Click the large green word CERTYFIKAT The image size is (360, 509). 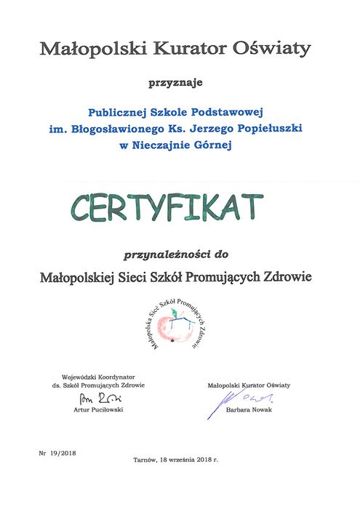coord(167,207)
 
